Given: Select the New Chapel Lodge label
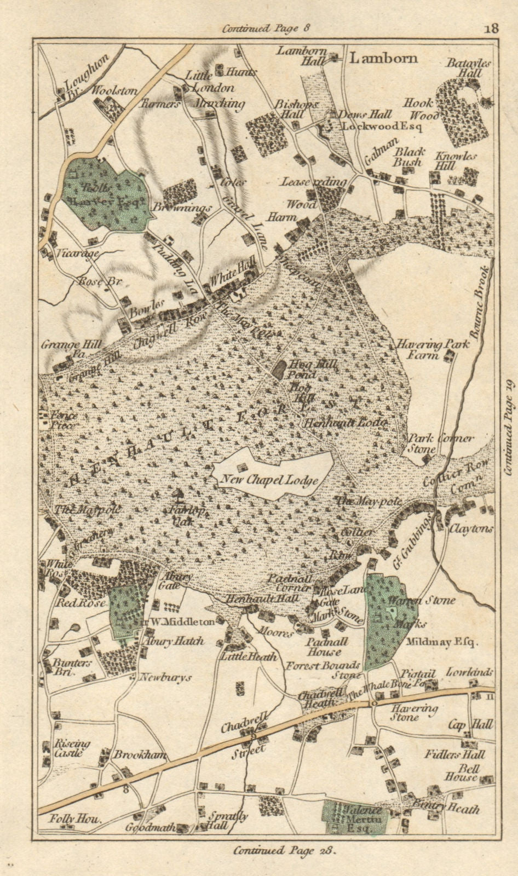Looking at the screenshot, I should tap(269, 480).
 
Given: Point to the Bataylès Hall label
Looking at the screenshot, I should tap(469, 67).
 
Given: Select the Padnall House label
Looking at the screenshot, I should tap(324, 647).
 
